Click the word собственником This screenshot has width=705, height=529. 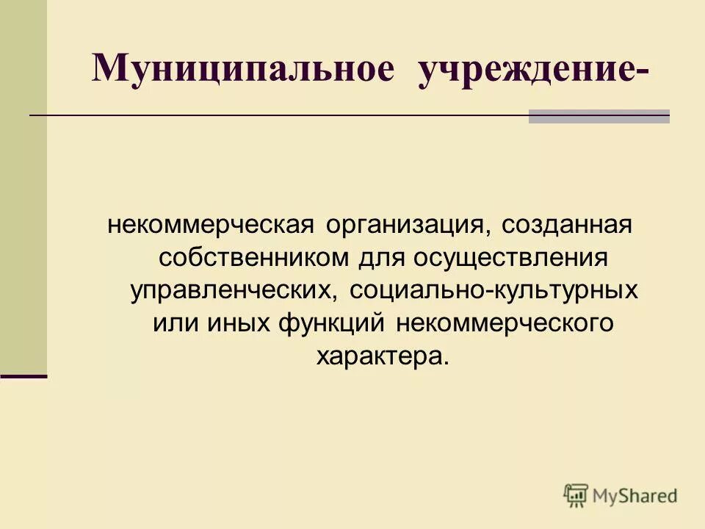(x=254, y=258)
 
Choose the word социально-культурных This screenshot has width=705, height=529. (x=494, y=290)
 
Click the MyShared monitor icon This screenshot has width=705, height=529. (x=576, y=495)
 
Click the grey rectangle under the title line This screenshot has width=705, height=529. (x=599, y=117)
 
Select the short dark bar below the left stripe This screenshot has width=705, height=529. (x=23, y=375)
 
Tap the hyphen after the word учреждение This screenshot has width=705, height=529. (x=644, y=73)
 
